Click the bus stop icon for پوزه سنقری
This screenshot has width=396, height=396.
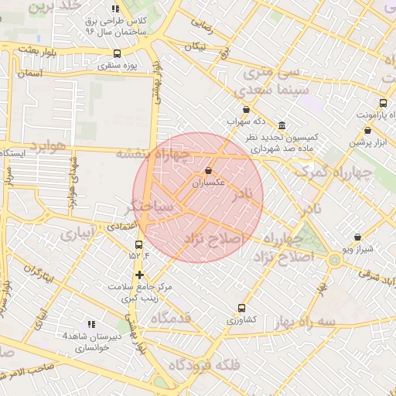117,53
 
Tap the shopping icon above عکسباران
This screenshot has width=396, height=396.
209,171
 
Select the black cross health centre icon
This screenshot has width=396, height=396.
139,275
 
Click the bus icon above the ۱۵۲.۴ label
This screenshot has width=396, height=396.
138,245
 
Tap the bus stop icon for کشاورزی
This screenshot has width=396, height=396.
242,307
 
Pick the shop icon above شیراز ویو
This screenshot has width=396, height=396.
357,237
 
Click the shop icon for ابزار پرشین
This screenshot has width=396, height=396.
379,131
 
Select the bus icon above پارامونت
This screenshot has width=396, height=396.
384,103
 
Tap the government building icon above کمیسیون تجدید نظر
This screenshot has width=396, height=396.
281,125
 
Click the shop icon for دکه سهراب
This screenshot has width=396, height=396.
246,110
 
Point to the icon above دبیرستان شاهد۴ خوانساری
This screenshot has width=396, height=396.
91,325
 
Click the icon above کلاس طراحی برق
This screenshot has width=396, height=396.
116,9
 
